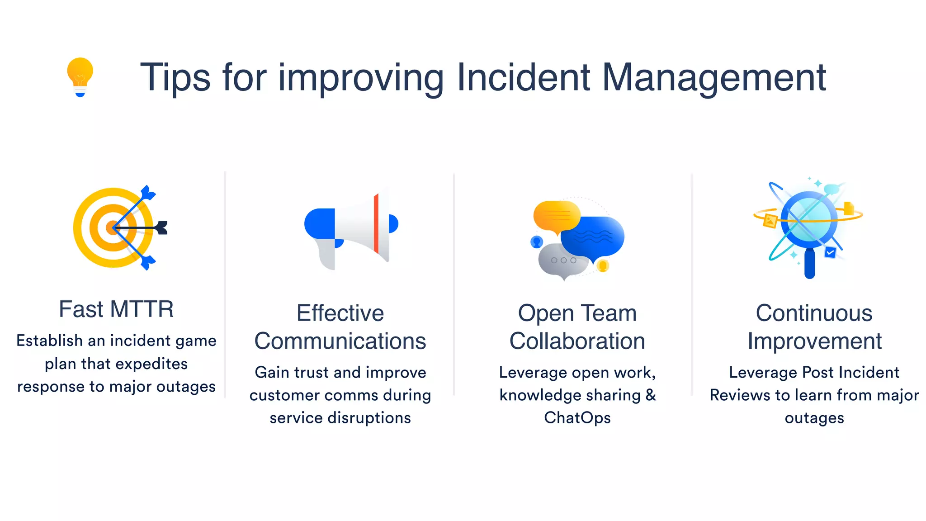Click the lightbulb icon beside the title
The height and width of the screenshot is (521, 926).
[x=80, y=76]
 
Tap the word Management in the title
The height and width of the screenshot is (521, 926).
[x=714, y=78]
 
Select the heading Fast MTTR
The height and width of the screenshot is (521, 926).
[x=116, y=309]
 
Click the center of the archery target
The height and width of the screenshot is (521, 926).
[x=112, y=227]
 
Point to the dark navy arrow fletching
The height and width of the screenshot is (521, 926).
[x=162, y=227]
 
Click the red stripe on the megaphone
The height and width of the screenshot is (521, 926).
[x=376, y=223]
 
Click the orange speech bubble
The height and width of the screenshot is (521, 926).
[x=556, y=216]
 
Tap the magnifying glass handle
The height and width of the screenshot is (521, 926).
[x=809, y=265]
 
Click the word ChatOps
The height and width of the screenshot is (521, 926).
[x=577, y=418]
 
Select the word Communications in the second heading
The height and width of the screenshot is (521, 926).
[x=340, y=341]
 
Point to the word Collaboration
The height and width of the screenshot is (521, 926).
[x=577, y=341]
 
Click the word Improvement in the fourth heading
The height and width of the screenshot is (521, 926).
[x=814, y=341]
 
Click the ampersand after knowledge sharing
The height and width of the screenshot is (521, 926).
[x=651, y=395]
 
